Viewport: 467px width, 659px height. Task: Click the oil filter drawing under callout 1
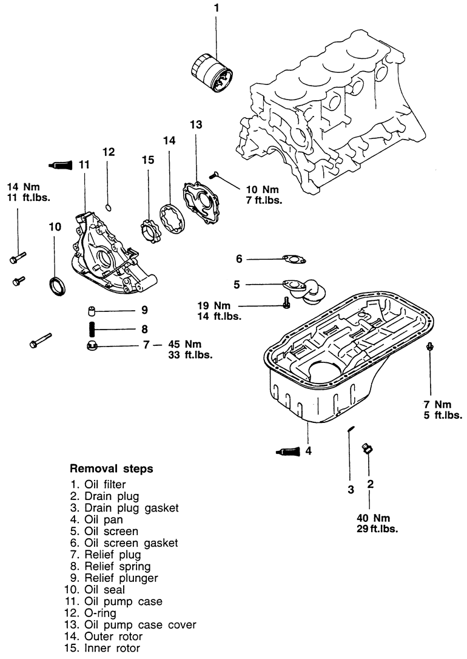(x=212, y=72)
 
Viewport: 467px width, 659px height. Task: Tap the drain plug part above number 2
(x=368, y=448)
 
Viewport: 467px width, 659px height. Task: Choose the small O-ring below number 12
(x=108, y=206)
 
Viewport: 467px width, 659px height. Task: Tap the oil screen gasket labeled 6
(x=294, y=260)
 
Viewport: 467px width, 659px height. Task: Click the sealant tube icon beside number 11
(x=61, y=164)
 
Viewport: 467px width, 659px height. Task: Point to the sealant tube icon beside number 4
(x=289, y=451)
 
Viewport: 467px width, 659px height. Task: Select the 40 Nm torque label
(x=374, y=518)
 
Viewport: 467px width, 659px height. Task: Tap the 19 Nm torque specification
(x=214, y=306)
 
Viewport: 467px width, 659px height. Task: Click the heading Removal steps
(x=111, y=468)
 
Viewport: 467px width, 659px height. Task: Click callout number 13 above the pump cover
(x=196, y=124)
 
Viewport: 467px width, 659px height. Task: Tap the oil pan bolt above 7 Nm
(x=429, y=346)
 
